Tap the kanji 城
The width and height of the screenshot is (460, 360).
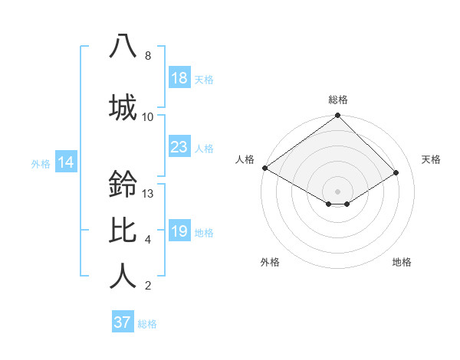pyautogui.click(x=123, y=106)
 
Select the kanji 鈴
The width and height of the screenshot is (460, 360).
pyautogui.click(x=123, y=184)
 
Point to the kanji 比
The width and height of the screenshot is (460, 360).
pyautogui.click(x=123, y=230)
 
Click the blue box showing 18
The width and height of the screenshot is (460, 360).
pyautogui.click(x=179, y=78)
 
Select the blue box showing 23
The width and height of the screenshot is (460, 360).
pyautogui.click(x=179, y=147)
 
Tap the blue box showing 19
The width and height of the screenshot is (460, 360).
pyautogui.click(x=179, y=231)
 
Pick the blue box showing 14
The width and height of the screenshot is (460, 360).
pyautogui.click(x=65, y=162)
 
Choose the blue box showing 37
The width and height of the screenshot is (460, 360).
pyautogui.click(x=122, y=322)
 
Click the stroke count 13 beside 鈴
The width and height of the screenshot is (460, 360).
pyautogui.click(x=148, y=194)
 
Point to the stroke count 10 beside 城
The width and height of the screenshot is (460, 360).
pyautogui.click(x=148, y=117)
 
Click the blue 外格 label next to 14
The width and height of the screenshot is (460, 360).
pyautogui.click(x=41, y=163)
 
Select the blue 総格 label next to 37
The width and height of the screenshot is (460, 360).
pyautogui.click(x=147, y=324)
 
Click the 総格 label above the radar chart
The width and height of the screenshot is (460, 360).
pyautogui.click(x=337, y=100)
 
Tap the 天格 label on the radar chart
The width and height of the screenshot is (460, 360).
pyautogui.click(x=431, y=159)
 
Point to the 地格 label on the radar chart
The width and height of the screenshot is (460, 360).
pyautogui.click(x=402, y=262)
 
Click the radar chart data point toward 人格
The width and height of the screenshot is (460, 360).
pyautogui.click(x=264, y=168)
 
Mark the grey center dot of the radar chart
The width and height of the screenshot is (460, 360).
pyautogui.click(x=337, y=190)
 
